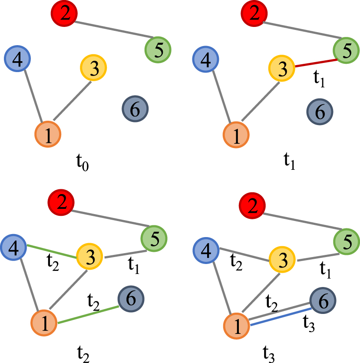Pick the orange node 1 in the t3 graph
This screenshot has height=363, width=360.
tap(237, 327)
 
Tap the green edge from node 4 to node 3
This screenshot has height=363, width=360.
tap(52, 252)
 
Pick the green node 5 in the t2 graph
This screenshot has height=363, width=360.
tap(154, 238)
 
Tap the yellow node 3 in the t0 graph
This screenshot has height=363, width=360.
tap(93, 67)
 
